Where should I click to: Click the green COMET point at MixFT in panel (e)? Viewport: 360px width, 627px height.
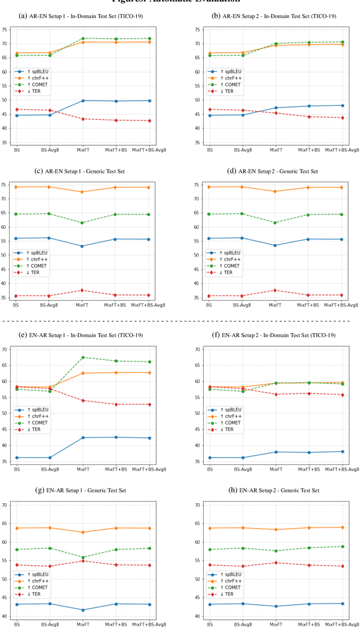(x=83, y=357)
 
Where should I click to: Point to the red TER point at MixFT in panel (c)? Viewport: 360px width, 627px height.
(x=83, y=290)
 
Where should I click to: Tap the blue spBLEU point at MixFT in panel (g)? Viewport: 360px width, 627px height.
(x=83, y=610)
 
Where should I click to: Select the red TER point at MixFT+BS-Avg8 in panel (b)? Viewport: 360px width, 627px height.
(x=341, y=118)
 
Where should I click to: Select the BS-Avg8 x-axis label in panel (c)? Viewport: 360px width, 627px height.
(x=49, y=306)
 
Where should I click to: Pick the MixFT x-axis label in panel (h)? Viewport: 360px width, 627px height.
(x=274, y=624)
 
